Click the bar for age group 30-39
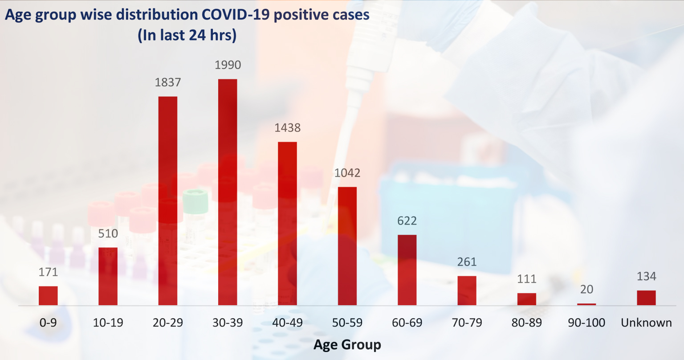[x=228, y=192]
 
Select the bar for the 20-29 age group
[x=168, y=200]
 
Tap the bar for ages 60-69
[x=407, y=270]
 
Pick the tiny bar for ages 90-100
[x=586, y=304]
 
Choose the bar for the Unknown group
[x=646, y=298]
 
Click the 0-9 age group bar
[x=48, y=295]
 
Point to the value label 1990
[x=228, y=65]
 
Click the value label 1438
[x=287, y=128]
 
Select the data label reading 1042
[x=347, y=173]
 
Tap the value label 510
[x=108, y=233]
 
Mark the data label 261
[x=467, y=262]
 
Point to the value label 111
[x=527, y=279]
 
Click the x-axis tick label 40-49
[x=287, y=323]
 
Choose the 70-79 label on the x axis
[x=467, y=323]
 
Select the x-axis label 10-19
[x=108, y=323]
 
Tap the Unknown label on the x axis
[x=646, y=323]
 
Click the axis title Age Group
[x=347, y=344]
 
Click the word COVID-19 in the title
[x=236, y=15]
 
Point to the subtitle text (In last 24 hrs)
[x=187, y=35]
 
